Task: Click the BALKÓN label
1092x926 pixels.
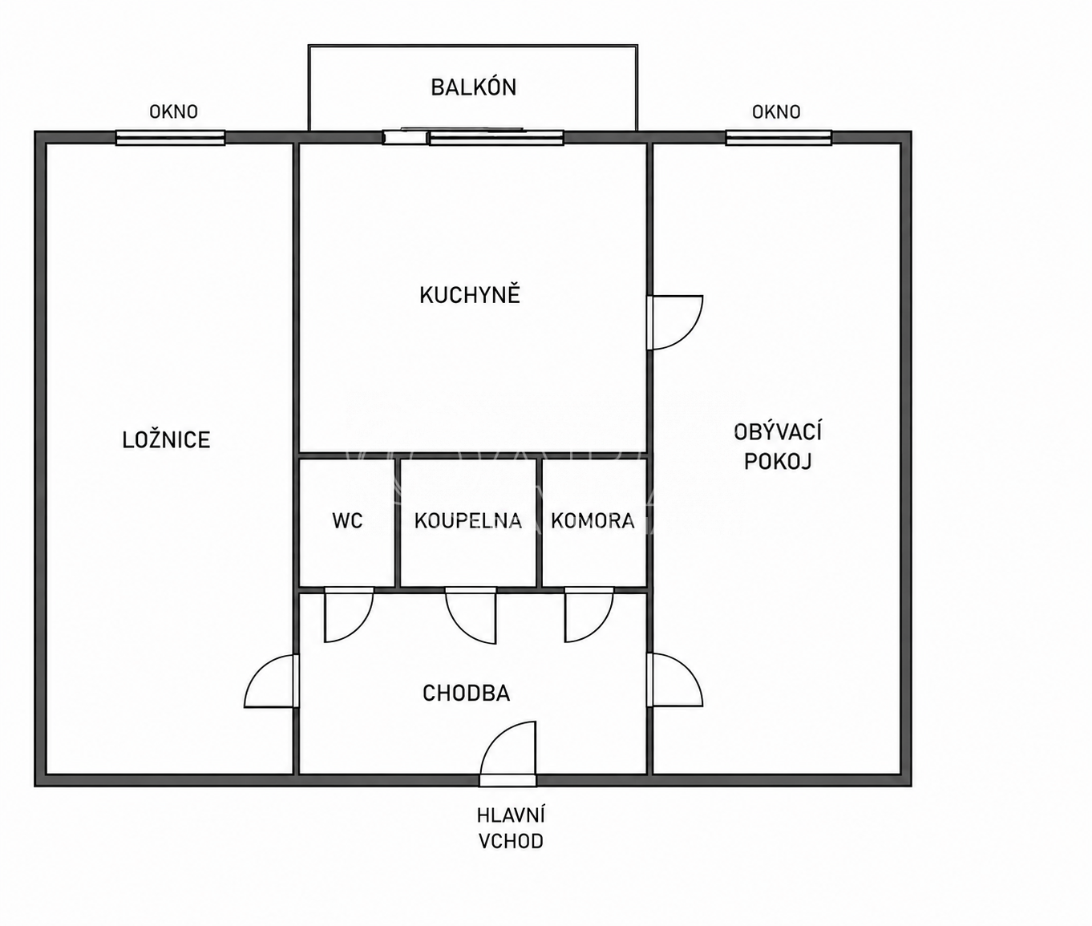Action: click(473, 87)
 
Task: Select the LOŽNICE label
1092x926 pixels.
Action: click(167, 439)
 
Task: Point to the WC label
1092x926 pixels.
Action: click(347, 521)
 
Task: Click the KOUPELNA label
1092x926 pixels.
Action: click(468, 521)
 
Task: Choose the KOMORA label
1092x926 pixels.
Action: click(593, 521)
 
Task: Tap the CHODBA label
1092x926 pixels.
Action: click(467, 693)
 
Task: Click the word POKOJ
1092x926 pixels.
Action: click(778, 461)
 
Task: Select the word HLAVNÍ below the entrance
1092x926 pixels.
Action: click(511, 815)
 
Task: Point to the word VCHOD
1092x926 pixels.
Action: click(511, 842)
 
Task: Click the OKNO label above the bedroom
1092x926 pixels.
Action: click(173, 112)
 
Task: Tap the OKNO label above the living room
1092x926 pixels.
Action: click(776, 112)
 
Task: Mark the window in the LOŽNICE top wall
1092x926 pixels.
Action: click(171, 138)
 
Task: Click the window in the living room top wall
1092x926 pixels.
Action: click(779, 138)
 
